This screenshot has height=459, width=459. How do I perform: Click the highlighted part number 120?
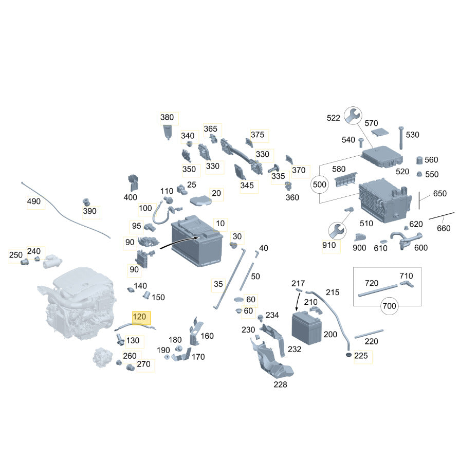(x=139, y=317)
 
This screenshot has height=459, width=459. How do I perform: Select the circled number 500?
(x=319, y=185)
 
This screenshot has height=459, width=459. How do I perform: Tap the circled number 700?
(x=389, y=306)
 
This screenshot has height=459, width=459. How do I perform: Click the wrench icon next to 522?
(x=353, y=115)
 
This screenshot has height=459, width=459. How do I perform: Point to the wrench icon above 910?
(x=337, y=231)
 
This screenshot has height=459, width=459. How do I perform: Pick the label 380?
(x=167, y=117)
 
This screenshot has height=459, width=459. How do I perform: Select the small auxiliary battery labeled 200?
(x=306, y=328)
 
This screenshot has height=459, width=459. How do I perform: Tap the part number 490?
(x=33, y=201)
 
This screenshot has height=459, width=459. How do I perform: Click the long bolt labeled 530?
(x=401, y=138)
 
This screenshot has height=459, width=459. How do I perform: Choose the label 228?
(x=280, y=384)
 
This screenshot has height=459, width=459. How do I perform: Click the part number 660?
(x=444, y=228)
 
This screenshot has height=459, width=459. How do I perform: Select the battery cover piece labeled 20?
(x=201, y=200)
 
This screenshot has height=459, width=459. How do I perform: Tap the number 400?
(x=130, y=197)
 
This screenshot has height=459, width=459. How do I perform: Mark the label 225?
(x=361, y=356)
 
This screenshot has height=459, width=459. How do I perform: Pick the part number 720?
(x=372, y=283)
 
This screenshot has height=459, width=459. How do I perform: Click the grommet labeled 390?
(x=86, y=202)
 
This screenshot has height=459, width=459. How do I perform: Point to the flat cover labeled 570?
(x=380, y=132)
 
